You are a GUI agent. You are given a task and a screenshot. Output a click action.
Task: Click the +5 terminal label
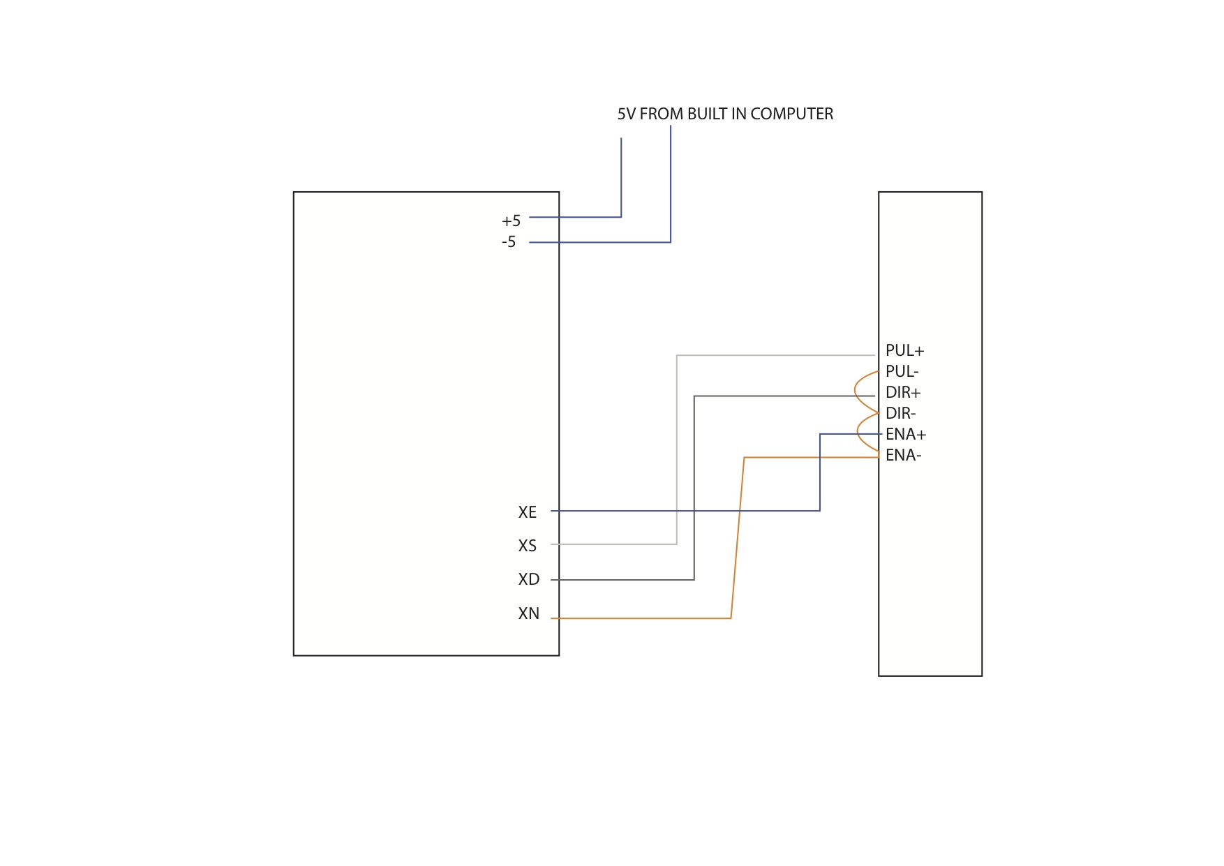pyautogui.click(x=511, y=221)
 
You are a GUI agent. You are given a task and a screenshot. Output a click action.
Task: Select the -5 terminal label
pyautogui.click(x=509, y=242)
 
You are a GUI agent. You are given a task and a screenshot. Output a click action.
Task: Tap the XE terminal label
pyautogui.click(x=527, y=512)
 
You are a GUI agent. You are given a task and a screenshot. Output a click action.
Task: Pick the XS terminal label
pyautogui.click(x=527, y=546)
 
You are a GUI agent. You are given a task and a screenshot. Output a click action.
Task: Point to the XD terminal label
pyautogui.click(x=528, y=579)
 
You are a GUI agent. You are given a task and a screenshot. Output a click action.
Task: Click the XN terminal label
pyautogui.click(x=528, y=613)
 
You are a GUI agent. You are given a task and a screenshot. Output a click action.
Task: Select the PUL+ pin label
pyautogui.click(x=904, y=351)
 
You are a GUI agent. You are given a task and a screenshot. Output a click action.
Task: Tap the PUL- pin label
pyautogui.click(x=902, y=372)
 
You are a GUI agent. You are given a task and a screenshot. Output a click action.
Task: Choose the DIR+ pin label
pyautogui.click(x=903, y=393)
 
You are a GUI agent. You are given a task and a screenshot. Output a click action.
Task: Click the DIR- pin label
pyautogui.click(x=900, y=414)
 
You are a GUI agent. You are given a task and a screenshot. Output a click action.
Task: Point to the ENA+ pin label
pyautogui.click(x=906, y=435)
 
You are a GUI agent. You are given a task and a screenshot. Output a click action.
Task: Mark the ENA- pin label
pyautogui.click(x=903, y=456)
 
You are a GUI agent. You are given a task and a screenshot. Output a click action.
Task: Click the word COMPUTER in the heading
pyautogui.click(x=791, y=114)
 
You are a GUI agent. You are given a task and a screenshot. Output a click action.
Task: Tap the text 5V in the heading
pyautogui.click(x=626, y=114)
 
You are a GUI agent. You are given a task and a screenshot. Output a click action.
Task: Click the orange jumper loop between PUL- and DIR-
pyautogui.click(x=856, y=392)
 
